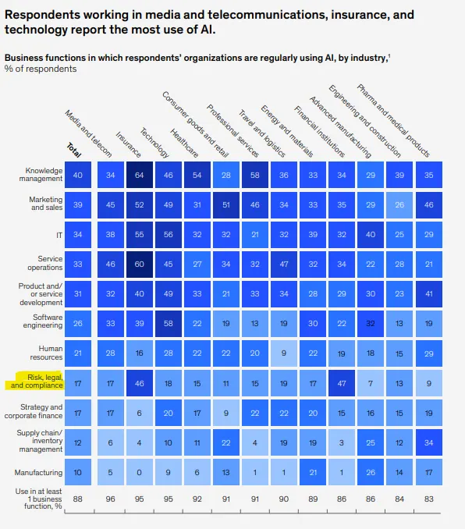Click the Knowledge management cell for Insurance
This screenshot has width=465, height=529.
[x=140, y=175]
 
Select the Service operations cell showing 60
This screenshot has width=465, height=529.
[x=140, y=264]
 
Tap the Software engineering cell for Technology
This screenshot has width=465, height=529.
[x=169, y=324]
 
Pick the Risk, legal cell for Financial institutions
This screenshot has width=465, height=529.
[x=342, y=383]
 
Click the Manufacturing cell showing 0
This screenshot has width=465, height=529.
[x=140, y=472]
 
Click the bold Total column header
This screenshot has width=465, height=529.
[x=74, y=151]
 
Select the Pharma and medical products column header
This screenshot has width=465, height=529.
[x=393, y=121]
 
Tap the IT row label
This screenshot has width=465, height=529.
[x=59, y=235]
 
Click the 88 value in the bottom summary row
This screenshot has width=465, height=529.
[x=77, y=499]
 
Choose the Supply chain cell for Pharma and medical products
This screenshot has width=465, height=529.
[x=429, y=442]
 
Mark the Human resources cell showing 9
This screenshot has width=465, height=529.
[x=284, y=353]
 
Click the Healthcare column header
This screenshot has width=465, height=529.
[x=184, y=143]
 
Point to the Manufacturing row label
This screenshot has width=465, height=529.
[x=38, y=472]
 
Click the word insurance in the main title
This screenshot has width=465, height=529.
[x=358, y=15]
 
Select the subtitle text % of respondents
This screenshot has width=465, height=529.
[x=41, y=69]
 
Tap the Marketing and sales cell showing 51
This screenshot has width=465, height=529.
[x=226, y=204]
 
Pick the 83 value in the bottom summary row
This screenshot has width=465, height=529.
[x=429, y=499]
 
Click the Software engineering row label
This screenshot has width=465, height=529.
[x=43, y=321]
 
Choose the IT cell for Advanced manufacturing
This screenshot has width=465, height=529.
[x=371, y=235]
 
